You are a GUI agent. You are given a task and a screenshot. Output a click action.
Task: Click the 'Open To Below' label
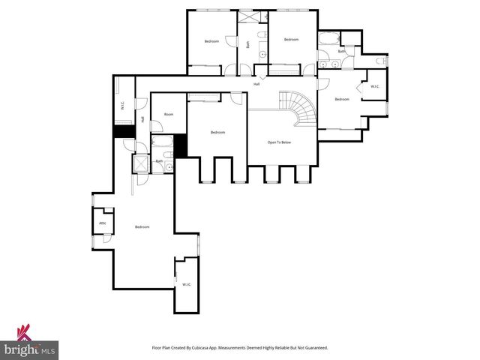click(x=279, y=142)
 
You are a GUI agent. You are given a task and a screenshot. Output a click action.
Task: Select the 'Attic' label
click(x=103, y=223)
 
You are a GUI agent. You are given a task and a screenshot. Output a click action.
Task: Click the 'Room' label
click(x=169, y=115)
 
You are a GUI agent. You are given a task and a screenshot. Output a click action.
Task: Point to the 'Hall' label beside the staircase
click(x=256, y=84)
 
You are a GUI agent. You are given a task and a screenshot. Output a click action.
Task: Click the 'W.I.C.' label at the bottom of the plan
click(x=187, y=284)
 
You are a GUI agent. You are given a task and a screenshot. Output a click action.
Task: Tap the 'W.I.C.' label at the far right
click(x=375, y=87)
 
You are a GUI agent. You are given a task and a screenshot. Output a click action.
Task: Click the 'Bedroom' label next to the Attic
click(x=142, y=226)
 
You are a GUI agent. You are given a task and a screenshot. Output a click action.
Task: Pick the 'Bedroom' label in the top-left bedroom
click(x=211, y=41)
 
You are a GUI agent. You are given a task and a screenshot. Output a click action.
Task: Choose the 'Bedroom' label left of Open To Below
click(x=217, y=133)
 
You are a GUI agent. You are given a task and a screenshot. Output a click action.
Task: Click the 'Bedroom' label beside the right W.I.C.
click(x=342, y=100)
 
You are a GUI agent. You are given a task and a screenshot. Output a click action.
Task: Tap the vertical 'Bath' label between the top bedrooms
click(x=248, y=44)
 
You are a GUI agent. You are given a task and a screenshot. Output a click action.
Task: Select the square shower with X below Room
click(x=140, y=163)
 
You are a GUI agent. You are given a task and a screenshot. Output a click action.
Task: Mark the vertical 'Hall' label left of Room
click(x=142, y=119)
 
